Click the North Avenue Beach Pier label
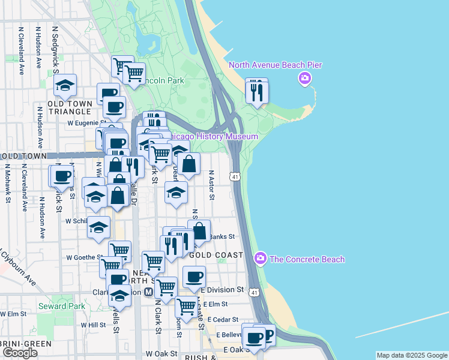274,65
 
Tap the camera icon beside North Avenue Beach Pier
305,79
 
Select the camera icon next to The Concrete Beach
261,259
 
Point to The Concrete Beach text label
307,259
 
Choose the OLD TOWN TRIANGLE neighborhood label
71,107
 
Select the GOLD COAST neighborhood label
216,255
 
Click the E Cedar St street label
220,319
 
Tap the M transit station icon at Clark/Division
148,292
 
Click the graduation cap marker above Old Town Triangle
65,86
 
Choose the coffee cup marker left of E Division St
194,277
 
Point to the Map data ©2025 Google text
411,355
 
